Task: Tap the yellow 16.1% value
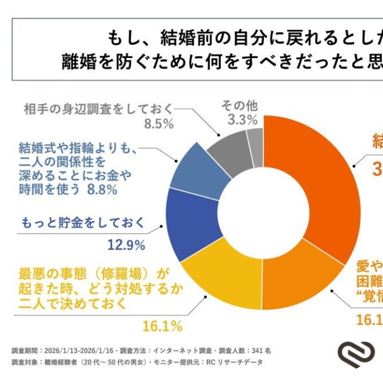coord(162,326)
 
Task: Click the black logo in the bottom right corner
coord(357,355)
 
